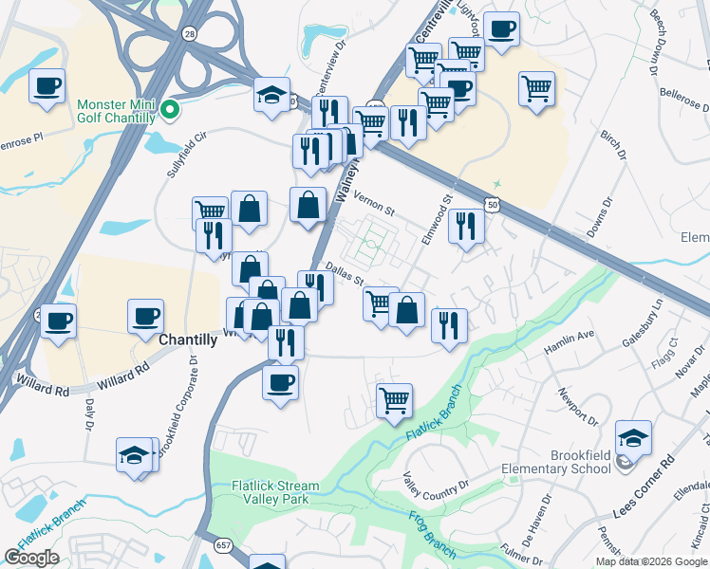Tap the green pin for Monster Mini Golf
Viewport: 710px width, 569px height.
click(x=170, y=111)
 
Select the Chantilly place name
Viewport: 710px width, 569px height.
click(x=190, y=340)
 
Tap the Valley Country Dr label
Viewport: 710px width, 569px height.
click(x=437, y=486)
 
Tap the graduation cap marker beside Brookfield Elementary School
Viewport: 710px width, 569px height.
click(x=633, y=438)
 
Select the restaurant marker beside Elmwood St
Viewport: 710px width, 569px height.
click(x=465, y=226)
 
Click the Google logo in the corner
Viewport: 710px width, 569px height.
click(x=31, y=558)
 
